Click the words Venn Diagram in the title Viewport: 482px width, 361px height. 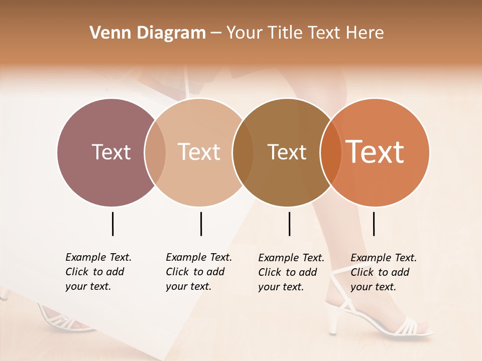pos(148,33)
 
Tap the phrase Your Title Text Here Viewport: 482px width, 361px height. pos(305,33)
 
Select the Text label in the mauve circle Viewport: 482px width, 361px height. pos(111,152)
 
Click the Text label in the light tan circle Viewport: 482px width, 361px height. pos(199,152)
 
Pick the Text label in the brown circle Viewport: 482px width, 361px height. pos(287,152)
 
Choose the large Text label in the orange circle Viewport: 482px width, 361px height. pos(375,152)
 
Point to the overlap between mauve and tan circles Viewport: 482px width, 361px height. pos(155,152)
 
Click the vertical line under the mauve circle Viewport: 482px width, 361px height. pos(112,224)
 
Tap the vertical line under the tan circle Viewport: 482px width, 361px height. pos(201,224)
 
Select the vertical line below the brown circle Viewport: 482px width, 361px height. pos(289,224)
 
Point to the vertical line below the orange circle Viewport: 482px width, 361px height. pos(374,224)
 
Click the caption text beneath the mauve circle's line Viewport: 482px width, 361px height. pos(98,272)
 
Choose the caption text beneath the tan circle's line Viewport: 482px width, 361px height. pos(198,272)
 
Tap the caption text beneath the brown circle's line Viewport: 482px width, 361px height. pos(291,272)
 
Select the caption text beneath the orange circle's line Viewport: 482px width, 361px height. pos(383,272)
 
